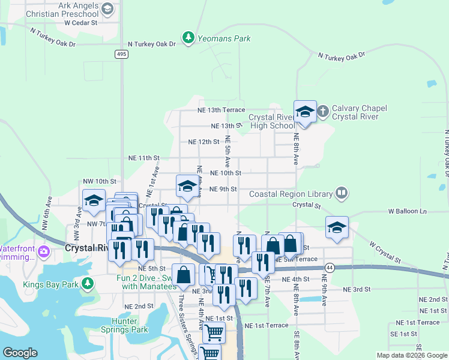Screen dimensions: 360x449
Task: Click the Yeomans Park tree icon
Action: (188, 38)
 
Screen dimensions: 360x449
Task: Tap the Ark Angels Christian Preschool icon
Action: (107, 8)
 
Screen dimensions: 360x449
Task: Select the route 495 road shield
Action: (122, 55)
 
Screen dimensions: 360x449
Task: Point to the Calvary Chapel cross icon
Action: (323, 112)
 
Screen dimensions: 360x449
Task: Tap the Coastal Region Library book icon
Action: (342, 193)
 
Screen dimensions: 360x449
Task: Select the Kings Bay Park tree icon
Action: (88, 283)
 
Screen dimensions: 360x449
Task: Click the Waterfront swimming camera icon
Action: (43, 251)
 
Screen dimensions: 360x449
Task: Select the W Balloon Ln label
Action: (407, 211)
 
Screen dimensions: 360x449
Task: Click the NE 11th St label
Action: (144, 157)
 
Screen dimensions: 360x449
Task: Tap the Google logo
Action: (20, 353)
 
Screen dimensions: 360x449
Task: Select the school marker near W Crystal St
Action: (337, 228)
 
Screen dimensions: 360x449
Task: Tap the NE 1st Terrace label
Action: (267, 325)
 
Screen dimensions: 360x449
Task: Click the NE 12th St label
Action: (204, 142)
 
